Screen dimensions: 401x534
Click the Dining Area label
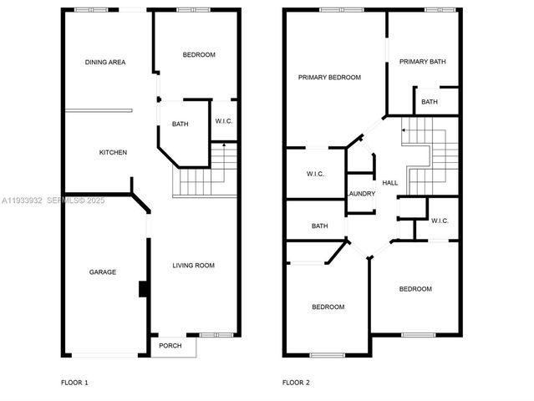(x=105, y=62)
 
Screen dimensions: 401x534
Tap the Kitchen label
(x=113, y=152)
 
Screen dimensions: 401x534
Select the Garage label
(x=103, y=272)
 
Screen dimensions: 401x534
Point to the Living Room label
(x=194, y=266)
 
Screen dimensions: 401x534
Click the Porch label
(x=170, y=345)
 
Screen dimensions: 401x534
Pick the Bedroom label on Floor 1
(x=199, y=55)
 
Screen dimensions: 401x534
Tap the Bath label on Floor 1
(x=181, y=124)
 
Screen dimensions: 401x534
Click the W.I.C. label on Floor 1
(x=224, y=122)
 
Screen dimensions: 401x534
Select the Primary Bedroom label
(x=330, y=78)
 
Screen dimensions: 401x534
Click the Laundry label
(x=361, y=194)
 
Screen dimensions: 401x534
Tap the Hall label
(x=390, y=183)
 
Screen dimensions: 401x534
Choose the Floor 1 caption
(x=74, y=383)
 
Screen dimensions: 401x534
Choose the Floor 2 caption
(x=296, y=383)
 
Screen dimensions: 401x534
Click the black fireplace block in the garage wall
(x=143, y=289)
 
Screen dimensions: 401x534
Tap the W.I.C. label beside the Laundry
(x=315, y=174)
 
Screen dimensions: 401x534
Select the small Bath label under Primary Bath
(x=430, y=102)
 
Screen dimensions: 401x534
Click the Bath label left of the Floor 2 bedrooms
(x=320, y=226)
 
